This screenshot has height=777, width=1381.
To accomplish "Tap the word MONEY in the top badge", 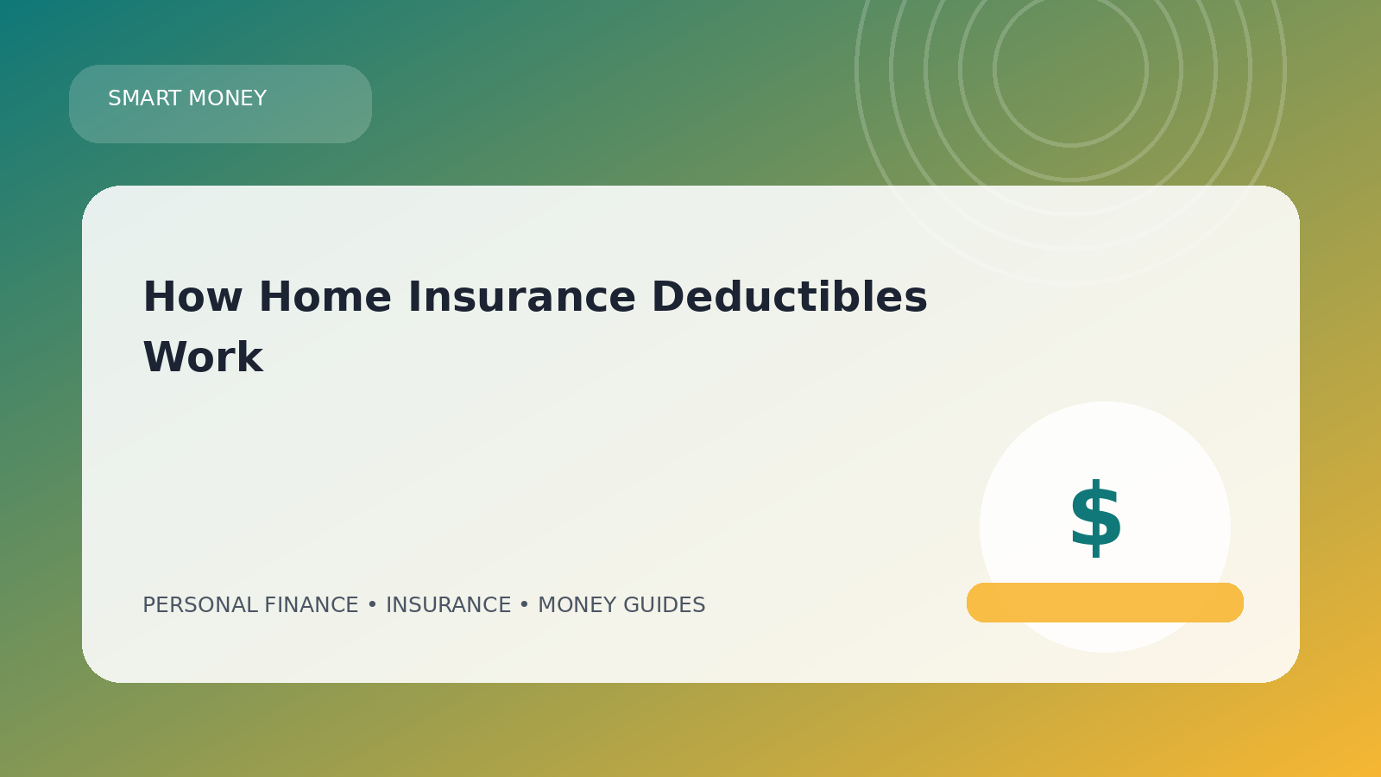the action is click(x=228, y=98).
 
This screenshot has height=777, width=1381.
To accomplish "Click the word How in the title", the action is click(x=192, y=297).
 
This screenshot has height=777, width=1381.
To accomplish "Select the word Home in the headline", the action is click(x=325, y=297).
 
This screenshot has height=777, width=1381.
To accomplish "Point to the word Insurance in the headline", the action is click(x=521, y=297).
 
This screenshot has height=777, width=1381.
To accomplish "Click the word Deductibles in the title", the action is click(x=790, y=297).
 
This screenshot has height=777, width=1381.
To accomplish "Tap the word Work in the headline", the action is click(x=204, y=357).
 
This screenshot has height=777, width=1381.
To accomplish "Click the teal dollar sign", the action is click(x=1095, y=519).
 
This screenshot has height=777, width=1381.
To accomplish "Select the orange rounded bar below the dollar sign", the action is click(x=1105, y=603).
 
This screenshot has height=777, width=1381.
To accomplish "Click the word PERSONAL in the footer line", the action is click(x=200, y=605).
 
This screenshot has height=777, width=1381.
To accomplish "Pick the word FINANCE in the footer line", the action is click(x=312, y=605).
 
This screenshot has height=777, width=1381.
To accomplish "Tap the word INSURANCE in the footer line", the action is click(x=448, y=605).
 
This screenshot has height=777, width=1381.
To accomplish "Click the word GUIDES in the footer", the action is click(x=664, y=605).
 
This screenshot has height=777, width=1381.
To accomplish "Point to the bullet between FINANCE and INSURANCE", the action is click(x=372, y=605).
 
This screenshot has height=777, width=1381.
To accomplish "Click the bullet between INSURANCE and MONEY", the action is click(x=524, y=605).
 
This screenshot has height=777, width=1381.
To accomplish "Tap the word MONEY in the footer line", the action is click(x=577, y=605).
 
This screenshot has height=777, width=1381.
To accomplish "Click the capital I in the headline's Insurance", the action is click(x=414, y=297).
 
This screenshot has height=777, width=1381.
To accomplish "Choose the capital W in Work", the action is click(x=164, y=357).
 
